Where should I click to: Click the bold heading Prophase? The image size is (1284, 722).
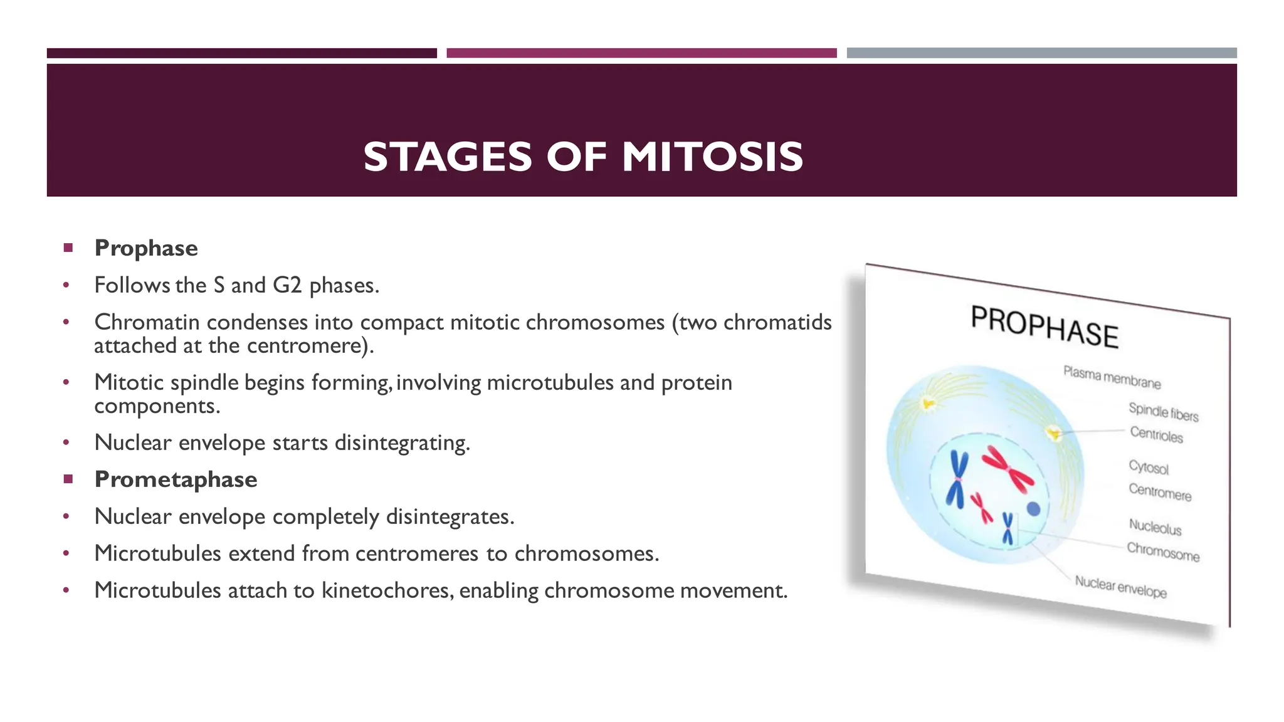click(x=146, y=248)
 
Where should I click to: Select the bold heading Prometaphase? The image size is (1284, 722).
click(x=176, y=479)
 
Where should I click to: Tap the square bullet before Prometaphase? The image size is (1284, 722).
click(x=68, y=479)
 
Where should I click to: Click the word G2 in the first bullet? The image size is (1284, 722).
click(x=287, y=285)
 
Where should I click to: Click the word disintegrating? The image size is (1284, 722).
click(x=402, y=443)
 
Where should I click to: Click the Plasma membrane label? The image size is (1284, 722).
click(x=1112, y=377)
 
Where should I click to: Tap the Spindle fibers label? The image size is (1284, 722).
click(x=1163, y=412)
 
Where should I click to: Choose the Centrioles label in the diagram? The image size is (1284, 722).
click(x=1156, y=434)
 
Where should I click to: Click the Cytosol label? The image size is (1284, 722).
click(x=1149, y=468)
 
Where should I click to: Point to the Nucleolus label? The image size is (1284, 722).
click(x=1155, y=527)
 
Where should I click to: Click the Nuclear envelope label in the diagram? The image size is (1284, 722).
click(x=1120, y=587)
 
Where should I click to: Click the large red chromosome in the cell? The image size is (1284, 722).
click(x=1007, y=469)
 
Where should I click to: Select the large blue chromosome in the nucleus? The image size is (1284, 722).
click(x=957, y=480)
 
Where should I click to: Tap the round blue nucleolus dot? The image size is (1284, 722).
click(x=1033, y=509)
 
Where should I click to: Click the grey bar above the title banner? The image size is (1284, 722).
click(x=1041, y=53)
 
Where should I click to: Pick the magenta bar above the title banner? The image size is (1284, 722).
click(x=641, y=53)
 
